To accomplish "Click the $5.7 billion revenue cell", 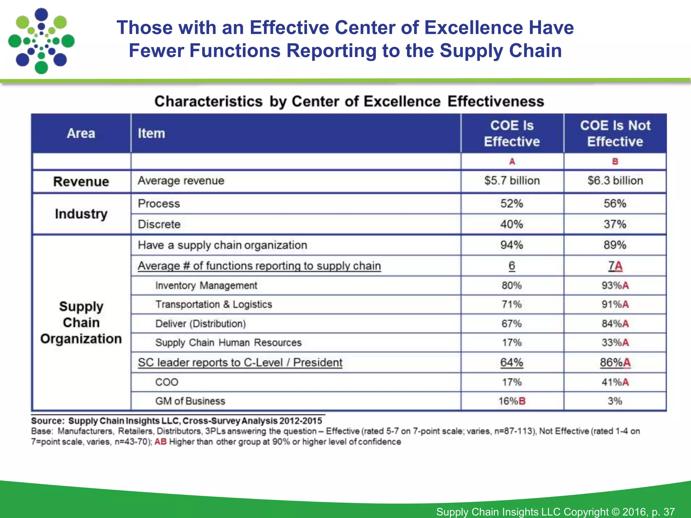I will (512, 181).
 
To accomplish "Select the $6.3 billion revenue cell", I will (615, 181).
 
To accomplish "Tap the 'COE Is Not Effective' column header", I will (615, 134).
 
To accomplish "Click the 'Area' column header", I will (81, 134).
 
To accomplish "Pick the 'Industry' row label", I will (81, 214).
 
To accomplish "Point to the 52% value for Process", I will (512, 204).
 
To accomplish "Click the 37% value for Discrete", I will (615, 224).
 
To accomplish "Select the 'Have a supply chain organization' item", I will (222, 245).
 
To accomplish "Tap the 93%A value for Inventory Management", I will (615, 286).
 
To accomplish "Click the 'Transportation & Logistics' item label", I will (214, 305).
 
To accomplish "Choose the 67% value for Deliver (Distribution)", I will (512, 324).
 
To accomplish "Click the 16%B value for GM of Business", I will (512, 401).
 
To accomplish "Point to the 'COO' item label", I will (167, 382).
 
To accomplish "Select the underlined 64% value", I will (512, 363).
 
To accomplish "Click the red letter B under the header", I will (615, 162).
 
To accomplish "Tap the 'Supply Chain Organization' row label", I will (81, 323).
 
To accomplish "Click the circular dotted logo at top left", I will (41, 41).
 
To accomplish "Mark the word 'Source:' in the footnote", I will (48, 421).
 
